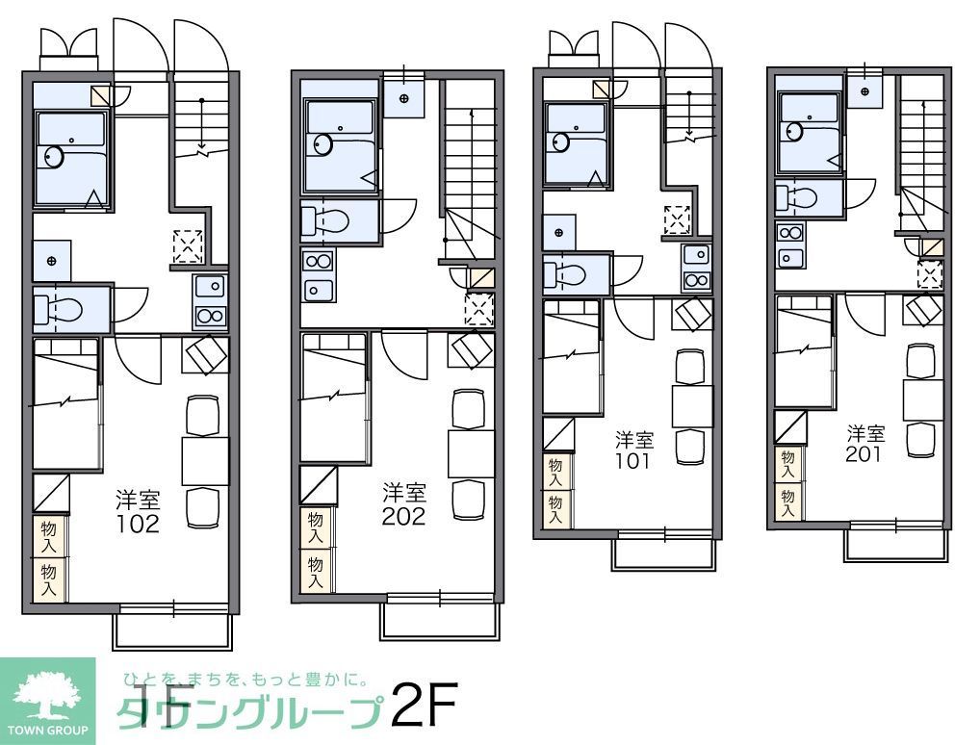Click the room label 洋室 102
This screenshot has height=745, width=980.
(x=138, y=511)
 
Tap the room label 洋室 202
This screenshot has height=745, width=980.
(x=403, y=503)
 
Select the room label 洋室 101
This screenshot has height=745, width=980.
(x=634, y=450)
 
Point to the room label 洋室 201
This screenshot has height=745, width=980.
(x=864, y=443)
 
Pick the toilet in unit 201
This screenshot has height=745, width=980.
(x=797, y=198)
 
